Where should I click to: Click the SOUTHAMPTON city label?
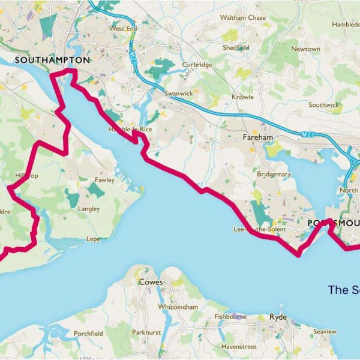click(x=52, y=60)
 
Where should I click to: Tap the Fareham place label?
click(x=257, y=137)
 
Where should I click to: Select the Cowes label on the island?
click(x=151, y=281)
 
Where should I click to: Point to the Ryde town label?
click(x=278, y=316)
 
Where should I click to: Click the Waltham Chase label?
click(x=242, y=18)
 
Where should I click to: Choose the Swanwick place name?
click(x=178, y=94)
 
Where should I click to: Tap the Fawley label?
click(x=104, y=179)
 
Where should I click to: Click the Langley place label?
click(x=89, y=209)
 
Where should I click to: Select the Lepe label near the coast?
click(x=93, y=238)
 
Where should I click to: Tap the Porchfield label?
click(x=88, y=332)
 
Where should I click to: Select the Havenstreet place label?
click(x=239, y=346)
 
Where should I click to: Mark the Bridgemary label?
click(x=274, y=174)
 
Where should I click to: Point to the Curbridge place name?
click(x=197, y=64)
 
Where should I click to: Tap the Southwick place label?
click(x=323, y=105)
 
